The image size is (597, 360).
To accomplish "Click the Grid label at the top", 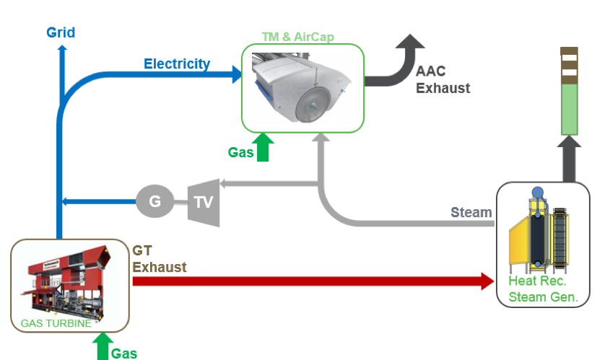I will pos(61,32).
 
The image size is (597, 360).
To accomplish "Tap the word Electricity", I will pos(177,64).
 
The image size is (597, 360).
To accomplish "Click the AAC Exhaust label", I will pos(443,80).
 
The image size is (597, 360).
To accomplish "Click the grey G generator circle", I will pos(154,201).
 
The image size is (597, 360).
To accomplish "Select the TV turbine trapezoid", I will pos(204,201).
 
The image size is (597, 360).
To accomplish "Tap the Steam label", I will pos(471,212).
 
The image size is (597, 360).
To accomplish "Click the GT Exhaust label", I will pos(159,259).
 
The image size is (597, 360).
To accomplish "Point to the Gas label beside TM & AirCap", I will pos(241,152).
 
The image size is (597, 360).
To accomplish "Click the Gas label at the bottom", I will pos(123,354).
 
